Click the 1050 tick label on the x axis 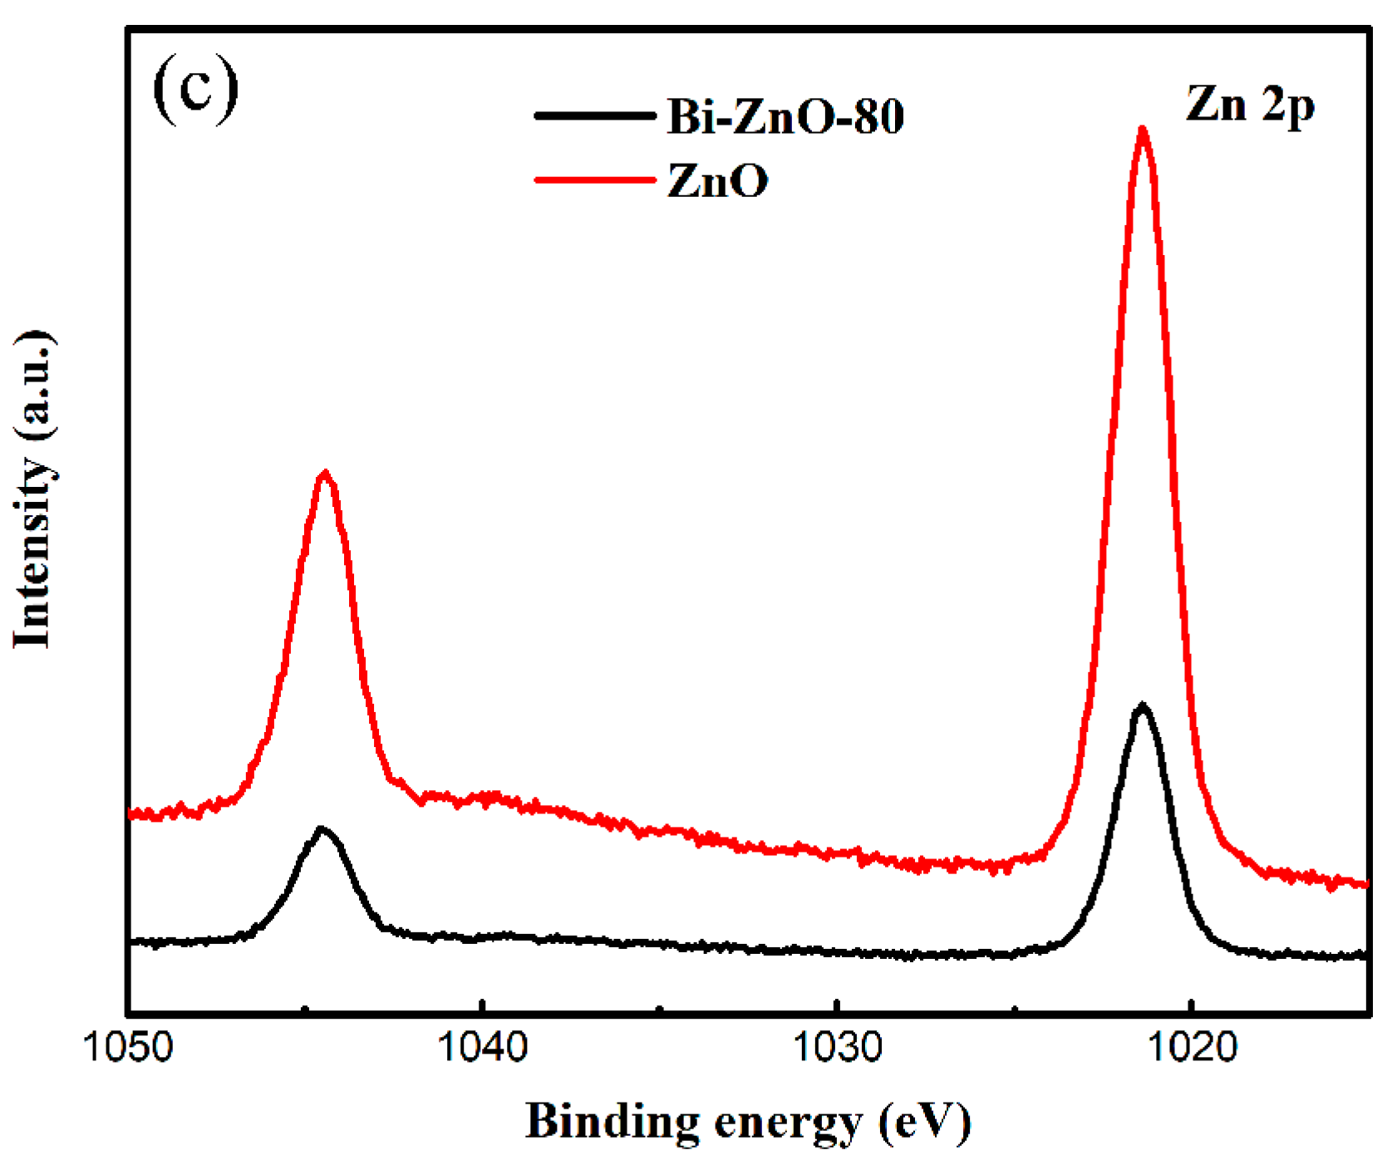(x=128, y=1046)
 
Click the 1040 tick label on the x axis (x=483, y=1046)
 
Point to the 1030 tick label (x=837, y=1046)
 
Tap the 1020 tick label (x=1192, y=1046)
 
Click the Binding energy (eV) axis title (x=748, y=1122)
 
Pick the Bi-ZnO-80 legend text (x=785, y=116)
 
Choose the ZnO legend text (x=717, y=180)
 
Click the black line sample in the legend (x=594, y=116)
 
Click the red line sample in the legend (x=594, y=179)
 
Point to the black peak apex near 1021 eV (x=1143, y=705)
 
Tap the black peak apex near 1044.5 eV (x=322, y=828)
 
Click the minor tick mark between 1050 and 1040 (x=305, y=1009)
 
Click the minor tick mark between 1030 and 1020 (x=1014, y=1009)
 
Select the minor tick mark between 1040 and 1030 (x=660, y=1009)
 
